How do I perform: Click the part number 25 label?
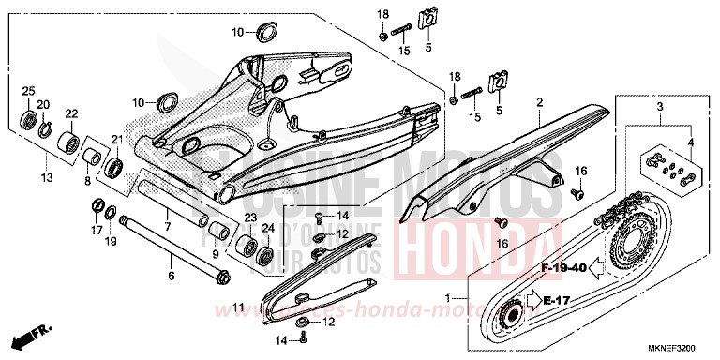(x=28, y=90)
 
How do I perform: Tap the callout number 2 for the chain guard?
(x=540, y=101)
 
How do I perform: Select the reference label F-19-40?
(x=563, y=267)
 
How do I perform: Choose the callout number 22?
(x=70, y=114)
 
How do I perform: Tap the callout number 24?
(x=266, y=228)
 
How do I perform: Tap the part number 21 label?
(x=118, y=140)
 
